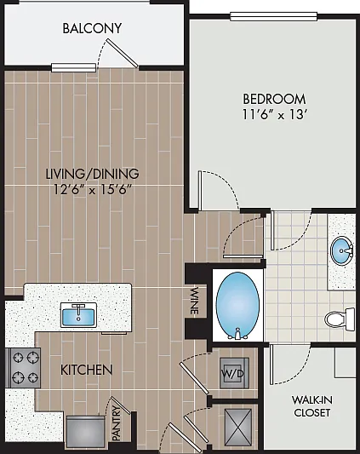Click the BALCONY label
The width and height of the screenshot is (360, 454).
[x=92, y=28]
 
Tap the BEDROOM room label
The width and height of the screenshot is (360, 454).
[x=274, y=99]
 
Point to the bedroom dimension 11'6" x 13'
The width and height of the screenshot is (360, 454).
[x=274, y=115]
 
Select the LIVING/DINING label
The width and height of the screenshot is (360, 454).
[x=92, y=174]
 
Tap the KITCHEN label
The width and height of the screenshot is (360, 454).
[x=86, y=370]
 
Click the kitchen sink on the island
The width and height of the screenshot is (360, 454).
[x=78, y=315]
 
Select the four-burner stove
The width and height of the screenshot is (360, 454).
[x=23, y=368]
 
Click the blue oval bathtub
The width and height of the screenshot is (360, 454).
[x=237, y=305]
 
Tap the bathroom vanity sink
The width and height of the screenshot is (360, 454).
[x=342, y=250]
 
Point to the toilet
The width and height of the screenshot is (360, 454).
[x=340, y=319]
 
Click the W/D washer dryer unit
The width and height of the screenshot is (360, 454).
[x=234, y=373]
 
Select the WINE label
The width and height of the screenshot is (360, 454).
[x=194, y=301]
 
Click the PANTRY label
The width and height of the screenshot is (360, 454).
[x=117, y=423]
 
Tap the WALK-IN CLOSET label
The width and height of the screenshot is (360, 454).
[x=312, y=406]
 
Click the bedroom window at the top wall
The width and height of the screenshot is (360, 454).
[x=273, y=16]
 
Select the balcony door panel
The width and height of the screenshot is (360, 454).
[x=122, y=53]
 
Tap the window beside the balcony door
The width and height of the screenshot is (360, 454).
[x=73, y=67]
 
